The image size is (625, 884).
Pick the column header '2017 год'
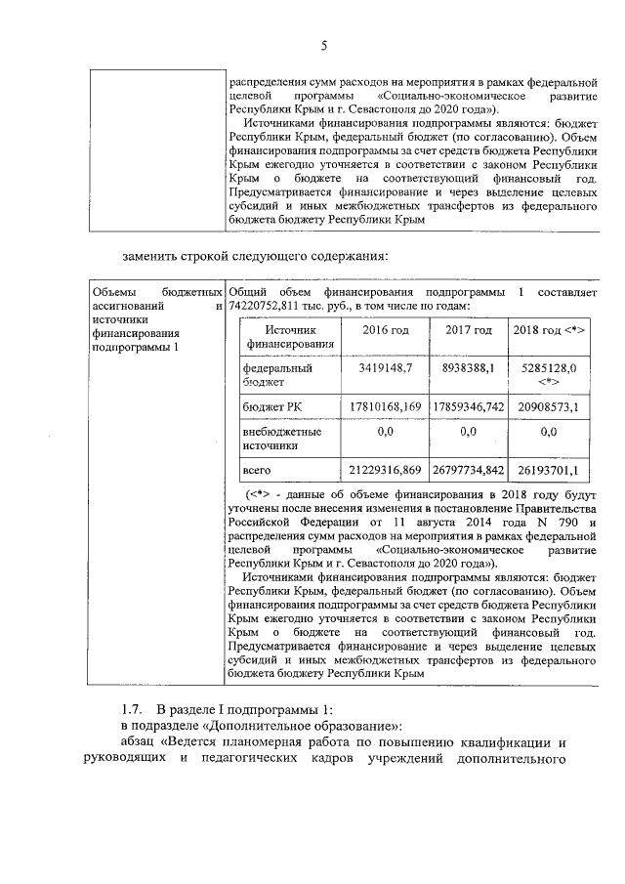(468, 330)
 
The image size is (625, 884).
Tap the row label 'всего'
(257, 471)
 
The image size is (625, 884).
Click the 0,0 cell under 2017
(468, 431)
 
